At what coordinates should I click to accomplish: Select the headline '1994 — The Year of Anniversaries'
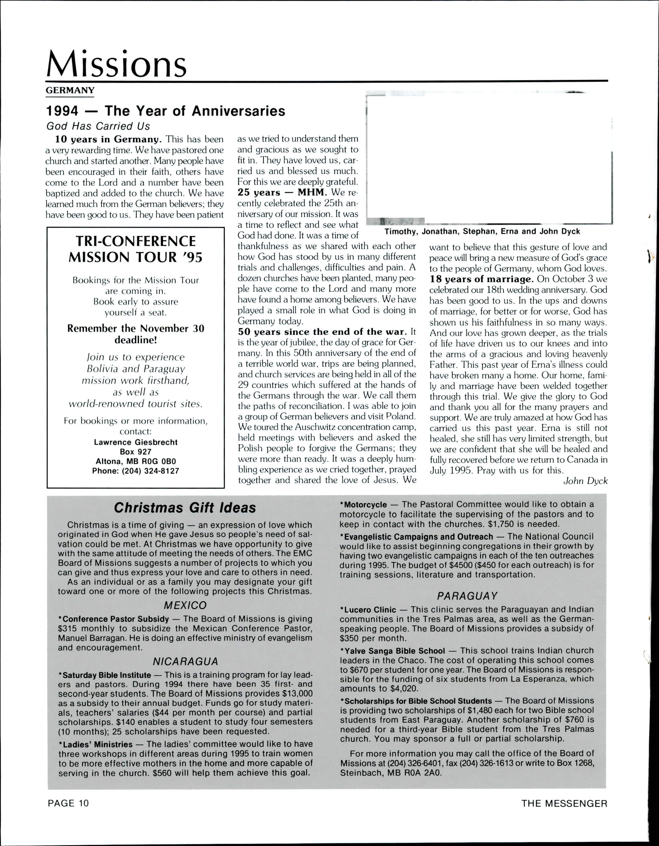[x=166, y=111]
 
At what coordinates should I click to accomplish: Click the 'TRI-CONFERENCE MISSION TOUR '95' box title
[x=135, y=249]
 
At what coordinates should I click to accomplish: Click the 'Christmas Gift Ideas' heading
[x=185, y=508]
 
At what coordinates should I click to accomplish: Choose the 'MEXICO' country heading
[x=185, y=605]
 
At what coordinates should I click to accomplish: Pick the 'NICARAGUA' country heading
[x=185, y=661]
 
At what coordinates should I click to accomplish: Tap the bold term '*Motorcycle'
[x=363, y=505]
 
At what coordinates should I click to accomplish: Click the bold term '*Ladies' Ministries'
[x=96, y=745]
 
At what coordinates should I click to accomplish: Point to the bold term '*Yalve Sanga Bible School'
[x=392, y=651]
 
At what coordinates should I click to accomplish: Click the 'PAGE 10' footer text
[x=68, y=803]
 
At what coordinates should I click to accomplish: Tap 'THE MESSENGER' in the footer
[x=564, y=803]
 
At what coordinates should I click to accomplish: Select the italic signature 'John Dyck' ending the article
[x=585, y=481]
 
